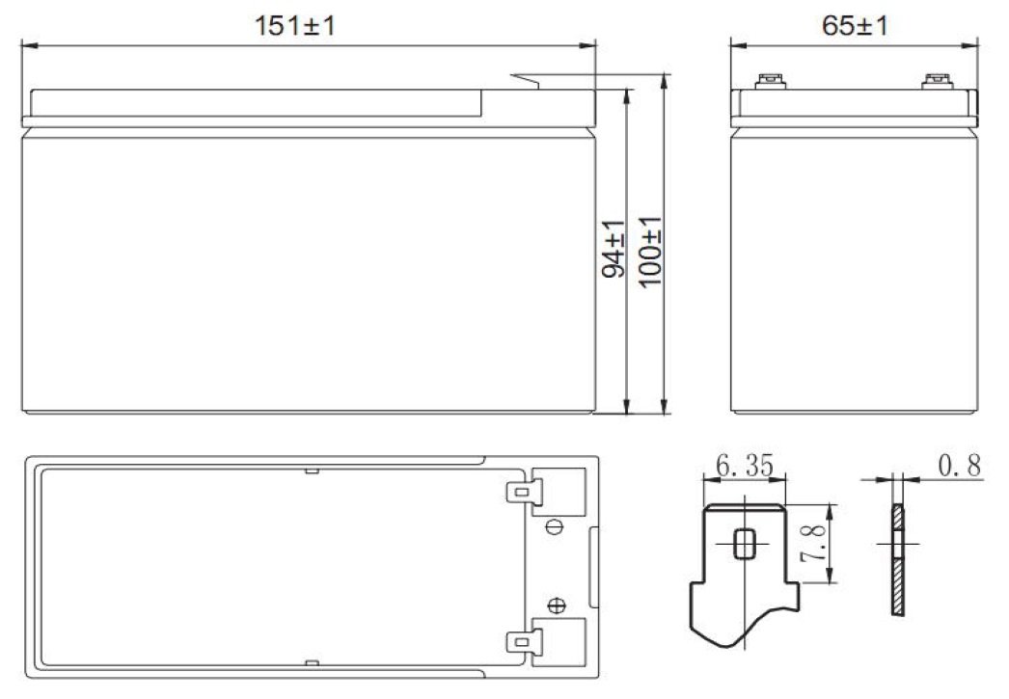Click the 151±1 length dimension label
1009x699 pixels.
(295, 26)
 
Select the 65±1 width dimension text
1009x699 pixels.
(855, 26)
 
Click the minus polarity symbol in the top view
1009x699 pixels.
(556, 526)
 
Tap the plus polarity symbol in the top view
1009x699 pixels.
(556, 605)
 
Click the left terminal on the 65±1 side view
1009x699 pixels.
(770, 82)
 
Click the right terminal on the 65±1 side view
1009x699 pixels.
(934, 82)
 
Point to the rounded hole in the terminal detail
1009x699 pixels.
(744, 543)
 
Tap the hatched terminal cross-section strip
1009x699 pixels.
(897, 559)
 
